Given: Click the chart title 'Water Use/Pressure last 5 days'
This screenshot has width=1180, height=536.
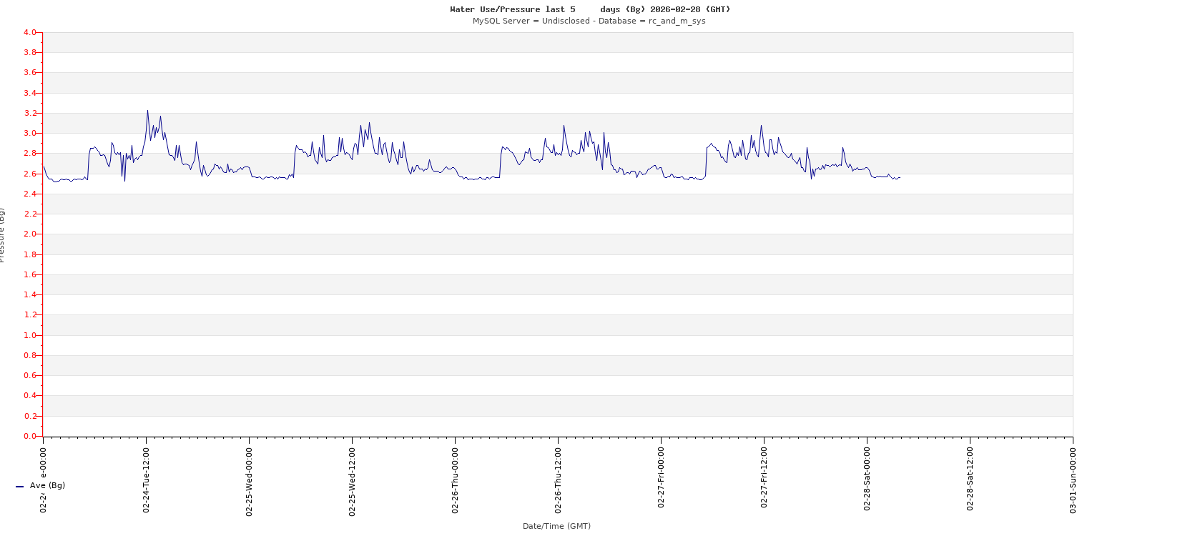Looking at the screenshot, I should coord(590,9).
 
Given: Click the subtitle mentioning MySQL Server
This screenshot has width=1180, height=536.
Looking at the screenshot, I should coord(589,21).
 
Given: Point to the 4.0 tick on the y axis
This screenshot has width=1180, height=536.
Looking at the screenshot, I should coord(29,32).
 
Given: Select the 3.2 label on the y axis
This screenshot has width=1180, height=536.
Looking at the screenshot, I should coord(29,113).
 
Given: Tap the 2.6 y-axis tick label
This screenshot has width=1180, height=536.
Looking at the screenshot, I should coord(29,174).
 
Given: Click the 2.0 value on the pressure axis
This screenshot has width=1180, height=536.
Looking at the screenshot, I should coord(29,234).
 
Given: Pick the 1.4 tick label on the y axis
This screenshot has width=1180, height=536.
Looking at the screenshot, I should coord(29,294).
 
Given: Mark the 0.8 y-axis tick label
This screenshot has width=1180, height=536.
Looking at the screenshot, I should coord(29,355).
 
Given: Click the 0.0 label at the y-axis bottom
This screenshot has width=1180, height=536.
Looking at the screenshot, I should coord(29,436).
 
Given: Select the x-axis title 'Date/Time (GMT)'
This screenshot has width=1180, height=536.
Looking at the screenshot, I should coord(556,526).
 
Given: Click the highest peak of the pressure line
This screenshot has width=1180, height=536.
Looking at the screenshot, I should coord(147,110).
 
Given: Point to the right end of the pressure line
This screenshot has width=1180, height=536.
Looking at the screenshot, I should coord(900,177).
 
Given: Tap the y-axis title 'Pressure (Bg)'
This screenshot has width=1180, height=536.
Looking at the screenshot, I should coord(2,234).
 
